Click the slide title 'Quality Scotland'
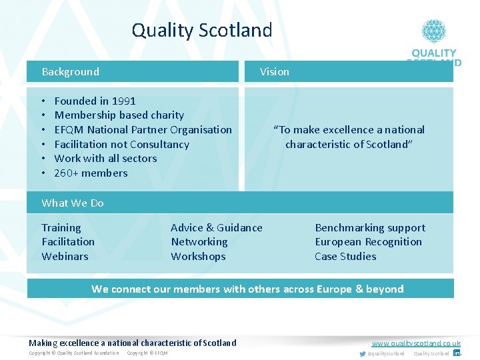click(x=202, y=31)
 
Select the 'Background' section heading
click(x=70, y=72)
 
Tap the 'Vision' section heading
click(x=275, y=72)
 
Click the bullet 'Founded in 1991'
click(x=95, y=101)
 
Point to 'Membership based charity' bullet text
click(x=119, y=115)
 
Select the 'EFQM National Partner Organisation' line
click(x=143, y=130)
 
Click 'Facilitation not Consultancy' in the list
click(x=121, y=145)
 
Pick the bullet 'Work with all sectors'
click(x=105, y=159)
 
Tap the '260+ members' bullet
click(x=91, y=173)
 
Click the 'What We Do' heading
click(x=73, y=203)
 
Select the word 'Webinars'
click(x=65, y=257)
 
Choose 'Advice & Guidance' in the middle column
click(x=217, y=228)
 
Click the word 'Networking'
click(x=199, y=242)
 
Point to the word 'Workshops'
click(x=198, y=257)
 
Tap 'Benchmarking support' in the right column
click(x=370, y=228)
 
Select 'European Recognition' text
click(x=368, y=242)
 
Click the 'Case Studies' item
click(x=345, y=257)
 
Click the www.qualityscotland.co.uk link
click(x=416, y=343)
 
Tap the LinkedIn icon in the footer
click(x=457, y=353)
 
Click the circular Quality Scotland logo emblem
click(x=433, y=31)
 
